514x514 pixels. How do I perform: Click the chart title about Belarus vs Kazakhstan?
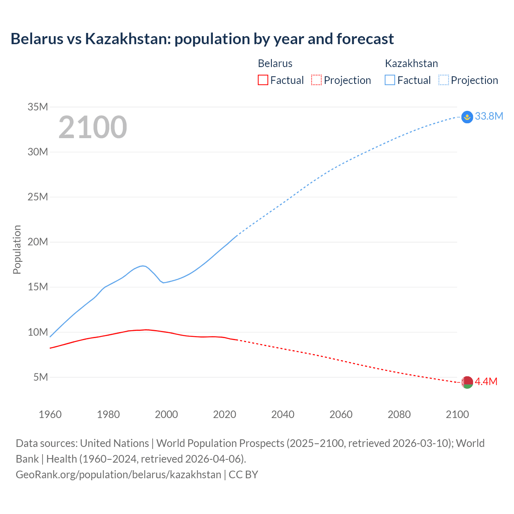202,39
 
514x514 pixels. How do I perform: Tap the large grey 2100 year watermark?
93,127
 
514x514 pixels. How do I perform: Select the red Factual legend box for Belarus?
263,80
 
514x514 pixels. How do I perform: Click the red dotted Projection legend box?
316,80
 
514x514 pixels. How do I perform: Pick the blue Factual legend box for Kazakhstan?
390,80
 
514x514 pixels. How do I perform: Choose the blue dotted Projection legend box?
444,80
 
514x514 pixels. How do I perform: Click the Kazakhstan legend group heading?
411,63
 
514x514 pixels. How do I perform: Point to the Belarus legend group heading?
275,63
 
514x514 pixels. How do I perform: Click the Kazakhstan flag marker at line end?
467,117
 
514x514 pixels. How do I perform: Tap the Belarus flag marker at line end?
467,382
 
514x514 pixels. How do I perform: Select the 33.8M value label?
489,116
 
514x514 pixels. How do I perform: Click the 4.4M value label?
486,381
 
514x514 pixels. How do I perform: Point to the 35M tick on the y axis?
38,107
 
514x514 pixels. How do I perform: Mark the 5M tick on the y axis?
41,377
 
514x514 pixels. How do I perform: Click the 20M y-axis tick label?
38,242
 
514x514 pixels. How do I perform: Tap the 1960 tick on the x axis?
50,414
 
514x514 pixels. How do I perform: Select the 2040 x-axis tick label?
283,414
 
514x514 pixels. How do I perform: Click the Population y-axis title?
17,249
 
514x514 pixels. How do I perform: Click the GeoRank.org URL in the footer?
118,475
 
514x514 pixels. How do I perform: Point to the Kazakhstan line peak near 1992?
143,266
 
